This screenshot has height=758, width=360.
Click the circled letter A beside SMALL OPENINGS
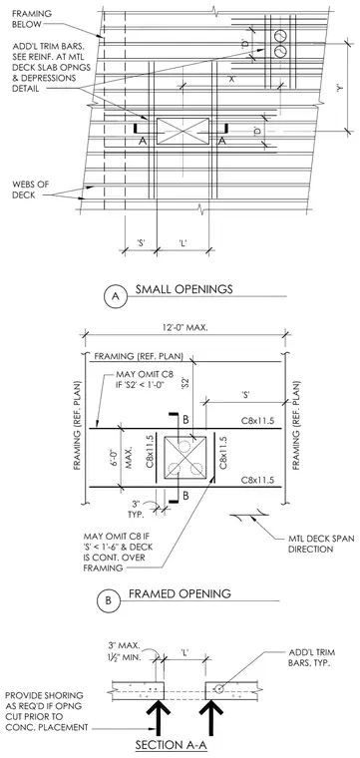click(116, 296)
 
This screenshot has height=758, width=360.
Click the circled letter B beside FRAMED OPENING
click(109, 600)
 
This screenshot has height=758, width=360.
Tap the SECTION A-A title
click(172, 745)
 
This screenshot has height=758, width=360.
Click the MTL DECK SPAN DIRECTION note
click(315, 545)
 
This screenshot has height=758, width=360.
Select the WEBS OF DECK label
click(31, 189)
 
